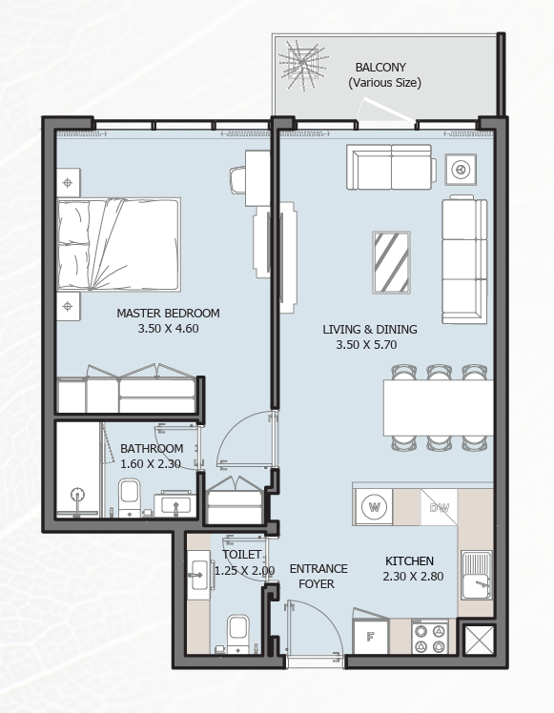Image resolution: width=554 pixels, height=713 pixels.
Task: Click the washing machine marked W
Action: pos(374,506)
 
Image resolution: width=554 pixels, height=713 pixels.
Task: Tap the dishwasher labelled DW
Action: pos(439,507)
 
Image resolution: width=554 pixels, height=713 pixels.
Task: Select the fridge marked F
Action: pos(371,636)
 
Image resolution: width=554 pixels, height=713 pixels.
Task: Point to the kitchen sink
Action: pos(476,576)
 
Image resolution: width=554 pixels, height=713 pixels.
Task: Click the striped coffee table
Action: pos(391,262)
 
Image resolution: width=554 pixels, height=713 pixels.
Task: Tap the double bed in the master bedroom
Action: pos(118,244)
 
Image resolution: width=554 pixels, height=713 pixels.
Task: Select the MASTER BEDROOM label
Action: pos(168,314)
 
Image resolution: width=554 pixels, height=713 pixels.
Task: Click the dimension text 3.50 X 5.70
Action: pos(366,345)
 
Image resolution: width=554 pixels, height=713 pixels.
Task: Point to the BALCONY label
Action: pos(380,68)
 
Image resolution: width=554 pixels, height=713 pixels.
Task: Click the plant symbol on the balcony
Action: pos(303,64)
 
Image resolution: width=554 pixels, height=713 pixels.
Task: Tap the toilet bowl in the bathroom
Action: pos(130,497)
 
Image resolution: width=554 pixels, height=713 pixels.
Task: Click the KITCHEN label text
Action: pos(409,560)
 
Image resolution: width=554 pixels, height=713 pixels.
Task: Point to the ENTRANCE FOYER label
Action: pos(318,576)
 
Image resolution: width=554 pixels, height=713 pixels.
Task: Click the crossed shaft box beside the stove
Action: pos(480,640)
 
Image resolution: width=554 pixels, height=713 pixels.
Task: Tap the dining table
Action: pos(439,408)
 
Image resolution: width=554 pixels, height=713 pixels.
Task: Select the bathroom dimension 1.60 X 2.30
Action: pos(151,464)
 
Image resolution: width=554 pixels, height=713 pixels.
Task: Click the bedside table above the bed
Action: pos(69,183)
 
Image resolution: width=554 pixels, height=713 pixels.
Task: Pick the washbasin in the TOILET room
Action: pos(198,575)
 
